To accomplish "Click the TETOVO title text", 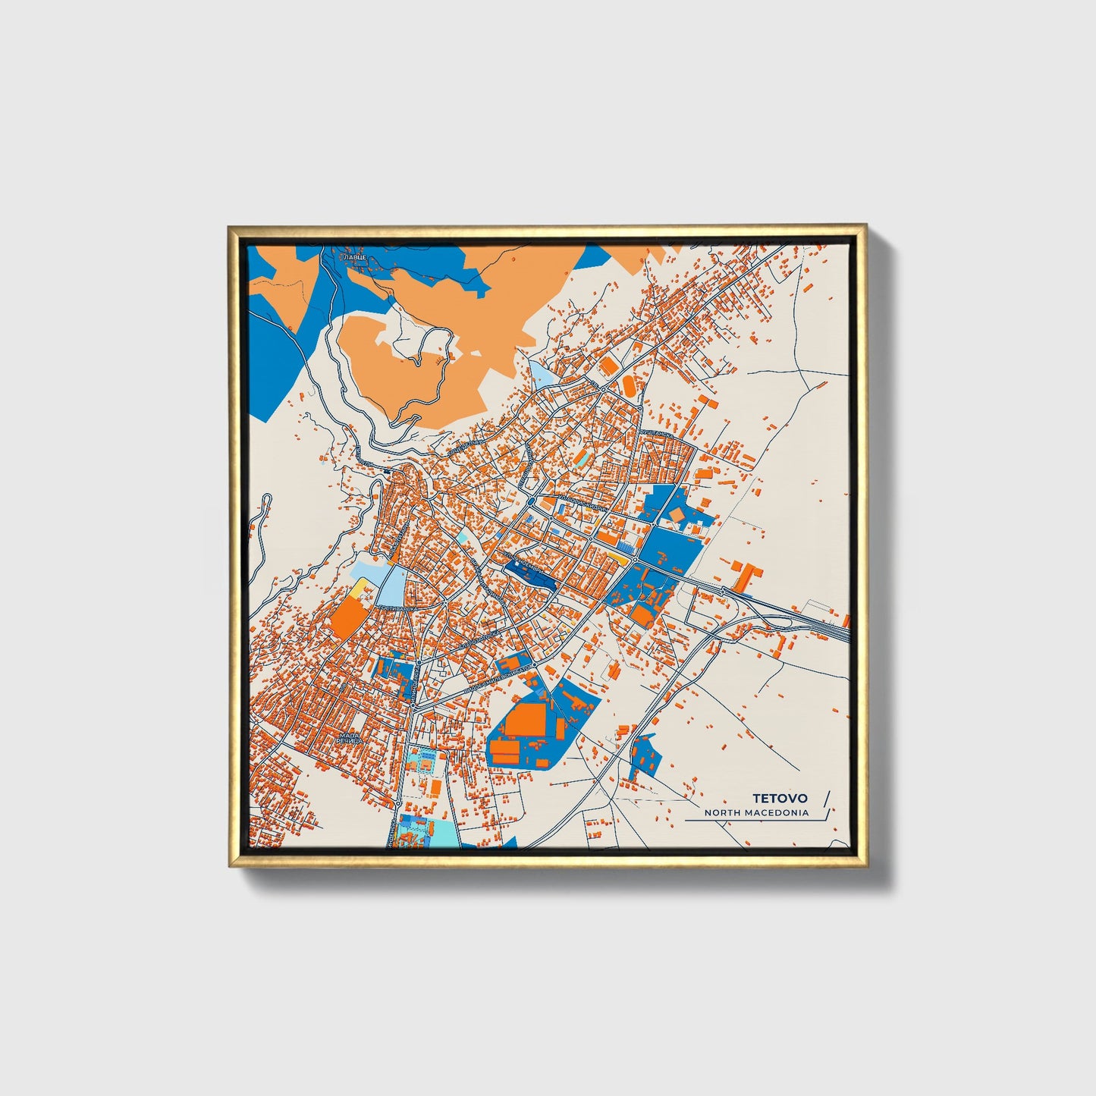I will coord(780,799).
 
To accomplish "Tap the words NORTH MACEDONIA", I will coord(755,813).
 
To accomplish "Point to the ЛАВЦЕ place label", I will coord(355,259).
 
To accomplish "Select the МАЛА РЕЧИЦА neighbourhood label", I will coord(349,739).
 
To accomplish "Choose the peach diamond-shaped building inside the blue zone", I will coord(675,516).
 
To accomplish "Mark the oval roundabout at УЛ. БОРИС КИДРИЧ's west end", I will coord(530,501).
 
